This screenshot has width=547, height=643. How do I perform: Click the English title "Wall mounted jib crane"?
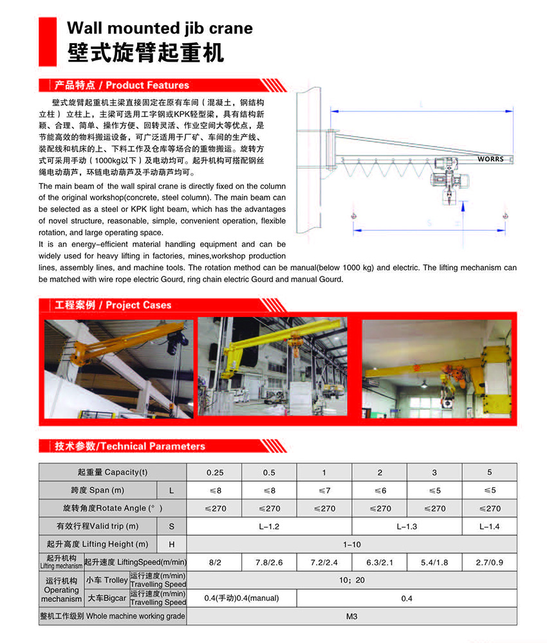160,28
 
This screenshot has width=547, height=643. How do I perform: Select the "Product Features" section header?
122,85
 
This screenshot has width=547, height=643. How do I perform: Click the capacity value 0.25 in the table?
215,473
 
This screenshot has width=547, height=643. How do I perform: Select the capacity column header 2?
380,473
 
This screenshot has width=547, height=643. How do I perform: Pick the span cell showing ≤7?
324,490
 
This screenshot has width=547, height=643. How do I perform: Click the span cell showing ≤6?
380,490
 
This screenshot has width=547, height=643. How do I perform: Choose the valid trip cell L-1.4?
490,526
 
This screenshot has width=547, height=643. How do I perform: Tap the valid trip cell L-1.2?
269,526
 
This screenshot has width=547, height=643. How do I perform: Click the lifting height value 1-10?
351,544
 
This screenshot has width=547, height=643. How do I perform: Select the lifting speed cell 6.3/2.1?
380,562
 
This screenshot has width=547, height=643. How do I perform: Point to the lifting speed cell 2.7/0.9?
490,562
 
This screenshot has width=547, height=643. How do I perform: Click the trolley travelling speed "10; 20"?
351,580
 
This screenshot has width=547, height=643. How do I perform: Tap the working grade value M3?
351,616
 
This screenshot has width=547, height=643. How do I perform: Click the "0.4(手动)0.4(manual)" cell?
241,598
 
